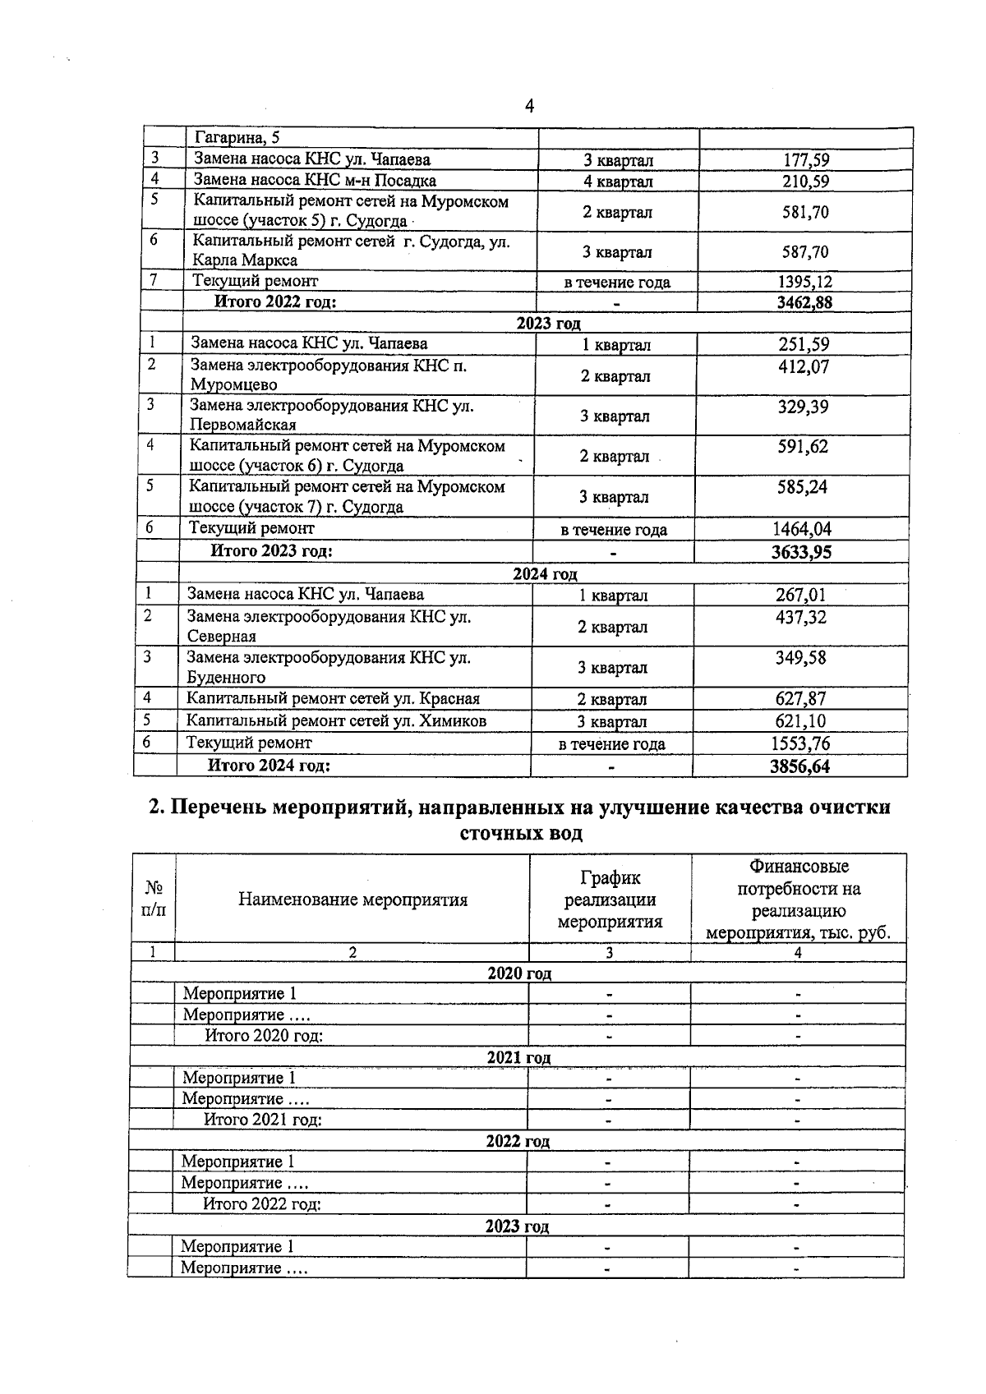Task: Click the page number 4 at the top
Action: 529,106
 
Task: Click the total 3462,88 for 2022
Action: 804,302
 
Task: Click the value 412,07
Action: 803,366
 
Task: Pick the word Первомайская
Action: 242,425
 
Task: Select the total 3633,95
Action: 801,552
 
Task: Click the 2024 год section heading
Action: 545,574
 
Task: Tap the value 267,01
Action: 800,595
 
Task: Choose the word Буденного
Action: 226,678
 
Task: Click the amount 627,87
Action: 800,699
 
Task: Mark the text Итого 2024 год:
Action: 269,766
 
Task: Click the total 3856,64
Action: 800,766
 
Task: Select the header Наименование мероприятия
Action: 352,899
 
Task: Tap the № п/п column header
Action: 154,899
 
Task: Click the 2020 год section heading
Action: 518,973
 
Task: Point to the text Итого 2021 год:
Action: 262,1120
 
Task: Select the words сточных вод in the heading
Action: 518,834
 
